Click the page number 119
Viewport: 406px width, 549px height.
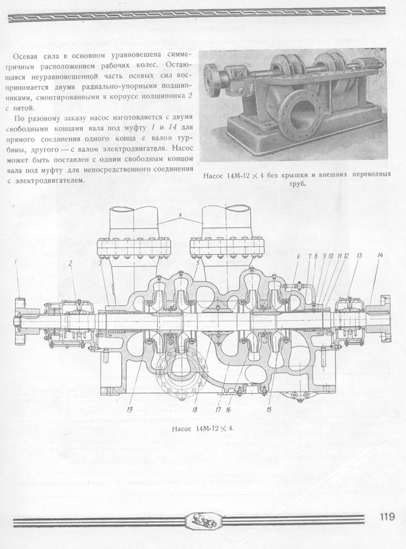386,517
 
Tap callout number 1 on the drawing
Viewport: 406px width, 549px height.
16,262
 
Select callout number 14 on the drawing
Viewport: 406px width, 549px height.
380,255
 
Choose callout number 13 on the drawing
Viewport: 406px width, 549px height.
359,256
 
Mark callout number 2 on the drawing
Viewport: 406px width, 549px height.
70,264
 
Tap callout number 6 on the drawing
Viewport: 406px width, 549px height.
298,256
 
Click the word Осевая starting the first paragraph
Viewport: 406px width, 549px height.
24,56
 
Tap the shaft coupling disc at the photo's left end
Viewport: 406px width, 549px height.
211,81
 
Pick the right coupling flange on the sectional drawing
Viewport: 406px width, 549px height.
385,318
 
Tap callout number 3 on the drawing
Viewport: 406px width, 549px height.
100,263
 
